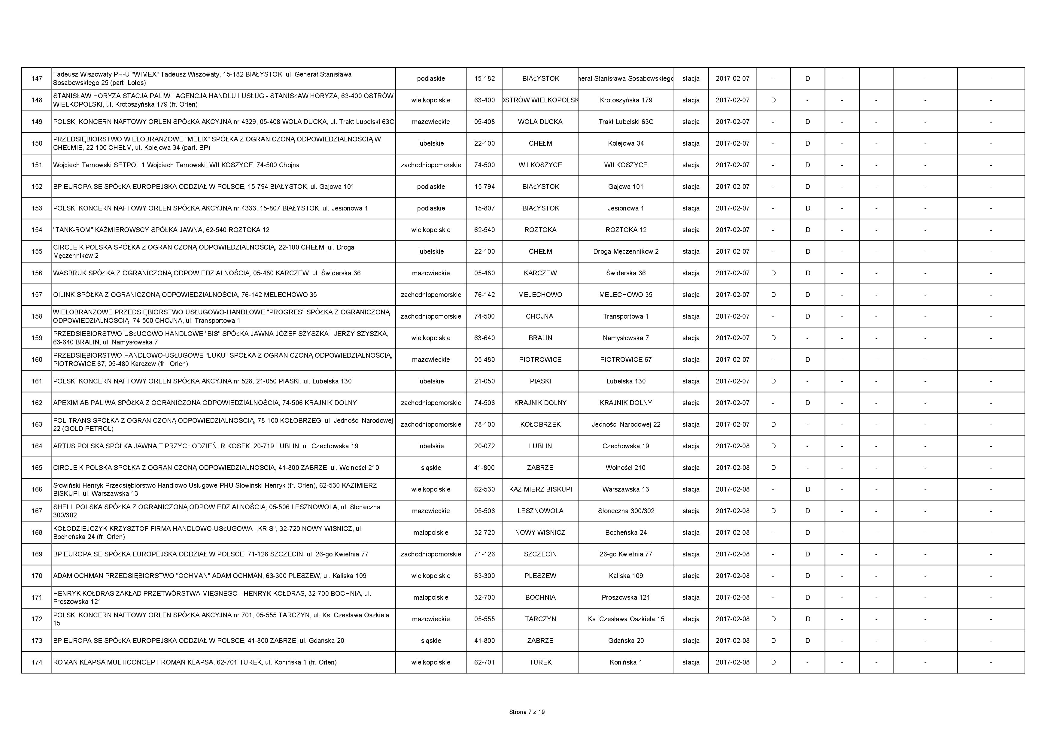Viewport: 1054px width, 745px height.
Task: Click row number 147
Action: tap(37, 78)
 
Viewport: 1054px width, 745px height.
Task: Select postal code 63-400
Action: tap(484, 100)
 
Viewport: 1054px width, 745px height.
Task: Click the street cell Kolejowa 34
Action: tap(626, 143)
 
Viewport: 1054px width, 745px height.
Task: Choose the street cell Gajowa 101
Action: tap(626, 187)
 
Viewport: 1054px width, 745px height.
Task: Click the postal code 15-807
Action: tap(484, 208)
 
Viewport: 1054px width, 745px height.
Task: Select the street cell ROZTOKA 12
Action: tap(626, 230)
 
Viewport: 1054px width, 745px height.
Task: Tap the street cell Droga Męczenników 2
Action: tap(626, 252)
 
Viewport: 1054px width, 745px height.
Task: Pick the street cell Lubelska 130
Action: tap(626, 381)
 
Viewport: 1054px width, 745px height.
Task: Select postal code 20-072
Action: tap(484, 446)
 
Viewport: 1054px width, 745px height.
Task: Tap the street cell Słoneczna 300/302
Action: tap(626, 511)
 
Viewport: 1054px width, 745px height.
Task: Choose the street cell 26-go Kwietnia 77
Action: tap(626, 554)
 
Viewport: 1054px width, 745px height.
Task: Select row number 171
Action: tap(37, 597)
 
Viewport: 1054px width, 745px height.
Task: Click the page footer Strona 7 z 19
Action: tap(527, 712)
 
